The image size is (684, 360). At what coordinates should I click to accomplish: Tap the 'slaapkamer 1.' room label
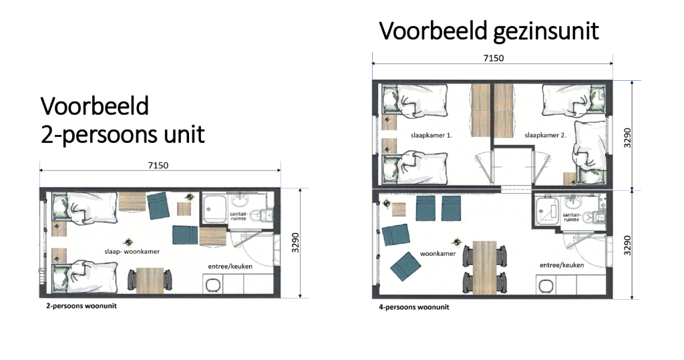[431, 136]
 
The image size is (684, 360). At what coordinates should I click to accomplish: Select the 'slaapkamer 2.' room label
[545, 136]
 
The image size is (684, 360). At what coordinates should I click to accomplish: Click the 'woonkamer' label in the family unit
[438, 254]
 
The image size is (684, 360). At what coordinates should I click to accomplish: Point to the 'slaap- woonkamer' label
[132, 251]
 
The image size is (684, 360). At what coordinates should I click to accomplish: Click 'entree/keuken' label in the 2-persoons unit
[230, 266]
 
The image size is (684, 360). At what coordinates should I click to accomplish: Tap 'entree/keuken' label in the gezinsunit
[561, 265]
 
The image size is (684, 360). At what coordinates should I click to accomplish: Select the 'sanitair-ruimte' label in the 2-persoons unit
[238, 216]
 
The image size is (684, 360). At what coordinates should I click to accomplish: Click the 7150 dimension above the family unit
[494, 58]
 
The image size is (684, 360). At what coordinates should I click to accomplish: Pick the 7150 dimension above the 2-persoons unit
[158, 166]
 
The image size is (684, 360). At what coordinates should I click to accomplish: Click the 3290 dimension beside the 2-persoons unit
[295, 242]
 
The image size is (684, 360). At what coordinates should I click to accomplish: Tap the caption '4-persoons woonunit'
[414, 307]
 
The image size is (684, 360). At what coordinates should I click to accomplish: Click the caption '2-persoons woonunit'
[81, 306]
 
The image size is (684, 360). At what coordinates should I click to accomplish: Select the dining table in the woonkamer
[485, 267]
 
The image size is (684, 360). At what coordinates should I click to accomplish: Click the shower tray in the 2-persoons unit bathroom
[214, 209]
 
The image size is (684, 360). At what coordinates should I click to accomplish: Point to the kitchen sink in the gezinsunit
[545, 286]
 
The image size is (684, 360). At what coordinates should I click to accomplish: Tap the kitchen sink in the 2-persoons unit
[212, 285]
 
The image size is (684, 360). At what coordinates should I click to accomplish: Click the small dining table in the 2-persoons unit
[150, 280]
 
